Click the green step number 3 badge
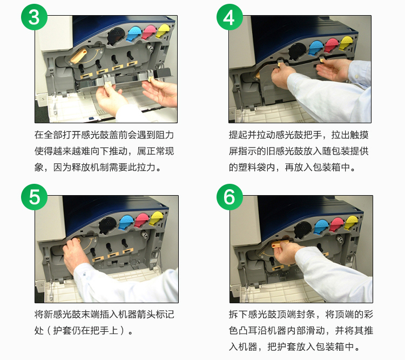35,17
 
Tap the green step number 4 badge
230,17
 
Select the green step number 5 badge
35,197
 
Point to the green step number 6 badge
230,197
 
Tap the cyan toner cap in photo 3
133,33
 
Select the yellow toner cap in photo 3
163,30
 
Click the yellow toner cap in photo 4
346,43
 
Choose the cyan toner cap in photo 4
316,48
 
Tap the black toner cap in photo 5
107,225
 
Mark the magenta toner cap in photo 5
142,220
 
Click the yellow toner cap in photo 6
352,222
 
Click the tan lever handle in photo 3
78,56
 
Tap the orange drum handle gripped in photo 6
279,243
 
